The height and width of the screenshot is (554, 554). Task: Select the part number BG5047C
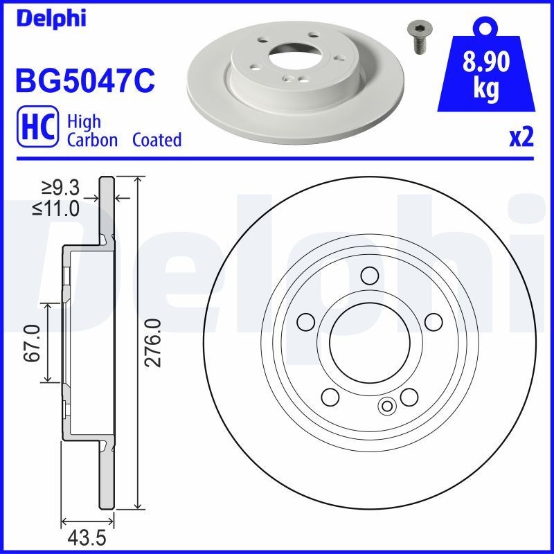pos(84,80)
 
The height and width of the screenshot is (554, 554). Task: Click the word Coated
pos(157,140)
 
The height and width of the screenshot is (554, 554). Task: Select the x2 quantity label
pos(521,138)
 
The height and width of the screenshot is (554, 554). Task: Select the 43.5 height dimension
pos(84,537)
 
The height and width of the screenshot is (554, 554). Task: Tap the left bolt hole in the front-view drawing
pos(305,322)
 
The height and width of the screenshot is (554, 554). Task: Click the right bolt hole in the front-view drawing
pos(434,322)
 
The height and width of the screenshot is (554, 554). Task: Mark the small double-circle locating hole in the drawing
pos(386,406)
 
